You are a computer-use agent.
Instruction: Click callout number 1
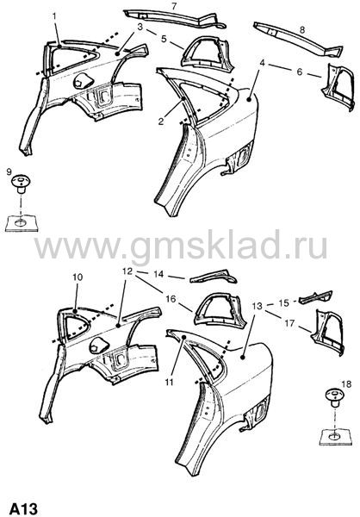(x=55, y=16)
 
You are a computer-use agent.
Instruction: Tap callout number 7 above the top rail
(x=174, y=5)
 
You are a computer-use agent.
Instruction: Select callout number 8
(x=302, y=29)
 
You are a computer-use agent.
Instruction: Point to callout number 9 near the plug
(x=9, y=171)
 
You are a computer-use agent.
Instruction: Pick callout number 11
(x=170, y=382)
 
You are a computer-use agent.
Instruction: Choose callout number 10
(x=78, y=277)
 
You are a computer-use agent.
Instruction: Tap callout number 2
(x=160, y=121)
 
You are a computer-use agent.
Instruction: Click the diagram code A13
(x=23, y=508)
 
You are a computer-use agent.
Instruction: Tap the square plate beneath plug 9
(x=22, y=223)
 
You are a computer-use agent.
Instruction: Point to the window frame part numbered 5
(x=207, y=52)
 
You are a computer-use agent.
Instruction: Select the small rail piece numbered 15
(x=315, y=296)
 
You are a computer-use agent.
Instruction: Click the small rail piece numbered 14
(x=214, y=277)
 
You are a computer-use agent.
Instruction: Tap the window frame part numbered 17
(x=328, y=332)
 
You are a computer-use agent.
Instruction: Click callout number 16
(x=171, y=299)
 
